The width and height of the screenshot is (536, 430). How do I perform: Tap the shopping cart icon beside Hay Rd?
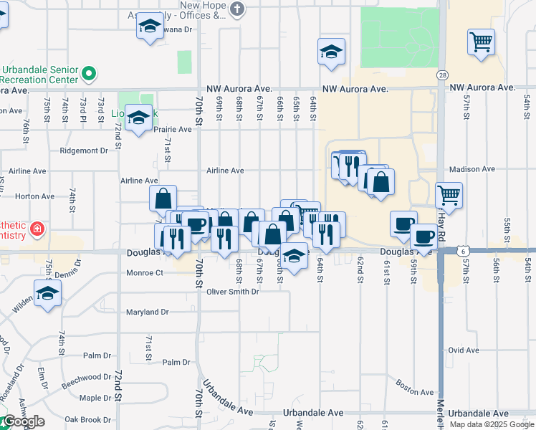pos(449,194)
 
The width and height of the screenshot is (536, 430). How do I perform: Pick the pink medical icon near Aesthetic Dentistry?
pos(37,231)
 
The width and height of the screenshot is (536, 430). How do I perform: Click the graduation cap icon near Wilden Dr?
pos(47,292)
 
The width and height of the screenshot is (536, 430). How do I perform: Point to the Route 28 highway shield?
pos(442,75)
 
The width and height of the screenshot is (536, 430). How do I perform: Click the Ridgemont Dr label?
pos(83,150)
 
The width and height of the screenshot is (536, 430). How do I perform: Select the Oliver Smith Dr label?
pos(232,292)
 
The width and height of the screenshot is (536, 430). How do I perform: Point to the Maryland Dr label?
pos(147,312)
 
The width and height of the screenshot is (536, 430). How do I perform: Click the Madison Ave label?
pos(472,169)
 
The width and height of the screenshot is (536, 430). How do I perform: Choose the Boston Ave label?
pos(414,392)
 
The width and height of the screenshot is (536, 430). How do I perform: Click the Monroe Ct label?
pos(145,272)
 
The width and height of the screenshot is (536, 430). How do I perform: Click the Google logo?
pos(23,421)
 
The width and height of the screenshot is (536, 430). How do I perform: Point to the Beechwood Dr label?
pos(87,377)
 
